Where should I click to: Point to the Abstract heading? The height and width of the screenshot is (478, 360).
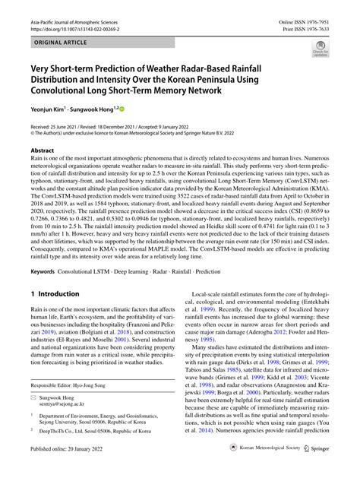pyautogui.click(x=43, y=151)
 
